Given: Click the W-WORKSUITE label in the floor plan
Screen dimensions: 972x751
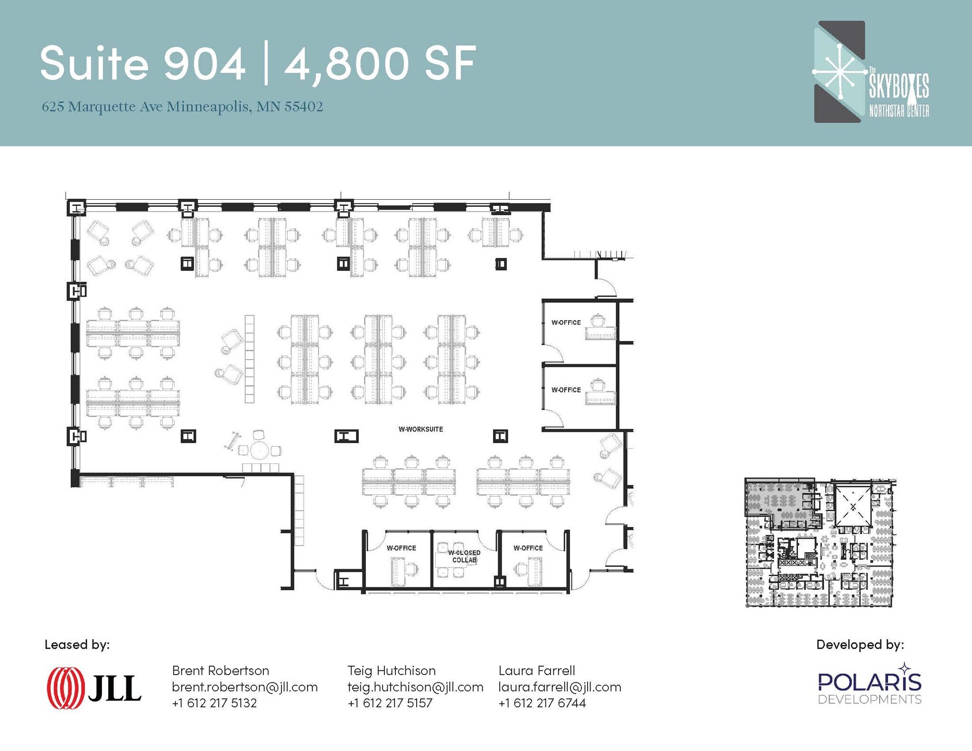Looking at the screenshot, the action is click(421, 429).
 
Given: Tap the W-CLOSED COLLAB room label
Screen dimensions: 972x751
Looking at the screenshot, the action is click(464, 556).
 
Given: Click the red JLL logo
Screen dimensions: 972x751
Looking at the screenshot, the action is click(94, 688).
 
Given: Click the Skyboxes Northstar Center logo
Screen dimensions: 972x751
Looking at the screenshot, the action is click(871, 72).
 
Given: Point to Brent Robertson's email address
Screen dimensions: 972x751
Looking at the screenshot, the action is click(245, 687).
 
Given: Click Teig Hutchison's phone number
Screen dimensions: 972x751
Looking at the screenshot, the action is click(390, 703).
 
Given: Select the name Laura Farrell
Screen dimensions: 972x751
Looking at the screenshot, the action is click(537, 671).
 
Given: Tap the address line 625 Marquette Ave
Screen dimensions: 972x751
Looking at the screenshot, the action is click(182, 107).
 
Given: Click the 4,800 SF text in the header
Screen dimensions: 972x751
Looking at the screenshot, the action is click(380, 64).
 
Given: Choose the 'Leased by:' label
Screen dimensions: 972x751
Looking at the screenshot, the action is click(77, 644).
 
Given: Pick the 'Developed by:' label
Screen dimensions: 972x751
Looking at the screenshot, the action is click(860, 645).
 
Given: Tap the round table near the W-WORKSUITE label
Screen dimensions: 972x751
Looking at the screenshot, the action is click(260, 451).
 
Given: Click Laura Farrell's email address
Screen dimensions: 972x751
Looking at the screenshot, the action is click(560, 687).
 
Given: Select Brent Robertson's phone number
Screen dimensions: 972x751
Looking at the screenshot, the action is click(215, 703).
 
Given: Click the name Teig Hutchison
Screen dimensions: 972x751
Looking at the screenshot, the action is click(392, 671).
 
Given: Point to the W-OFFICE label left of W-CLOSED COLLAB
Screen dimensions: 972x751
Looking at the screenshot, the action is click(401, 548).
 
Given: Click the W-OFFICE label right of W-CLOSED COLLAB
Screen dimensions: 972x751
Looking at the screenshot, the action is click(528, 548).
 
